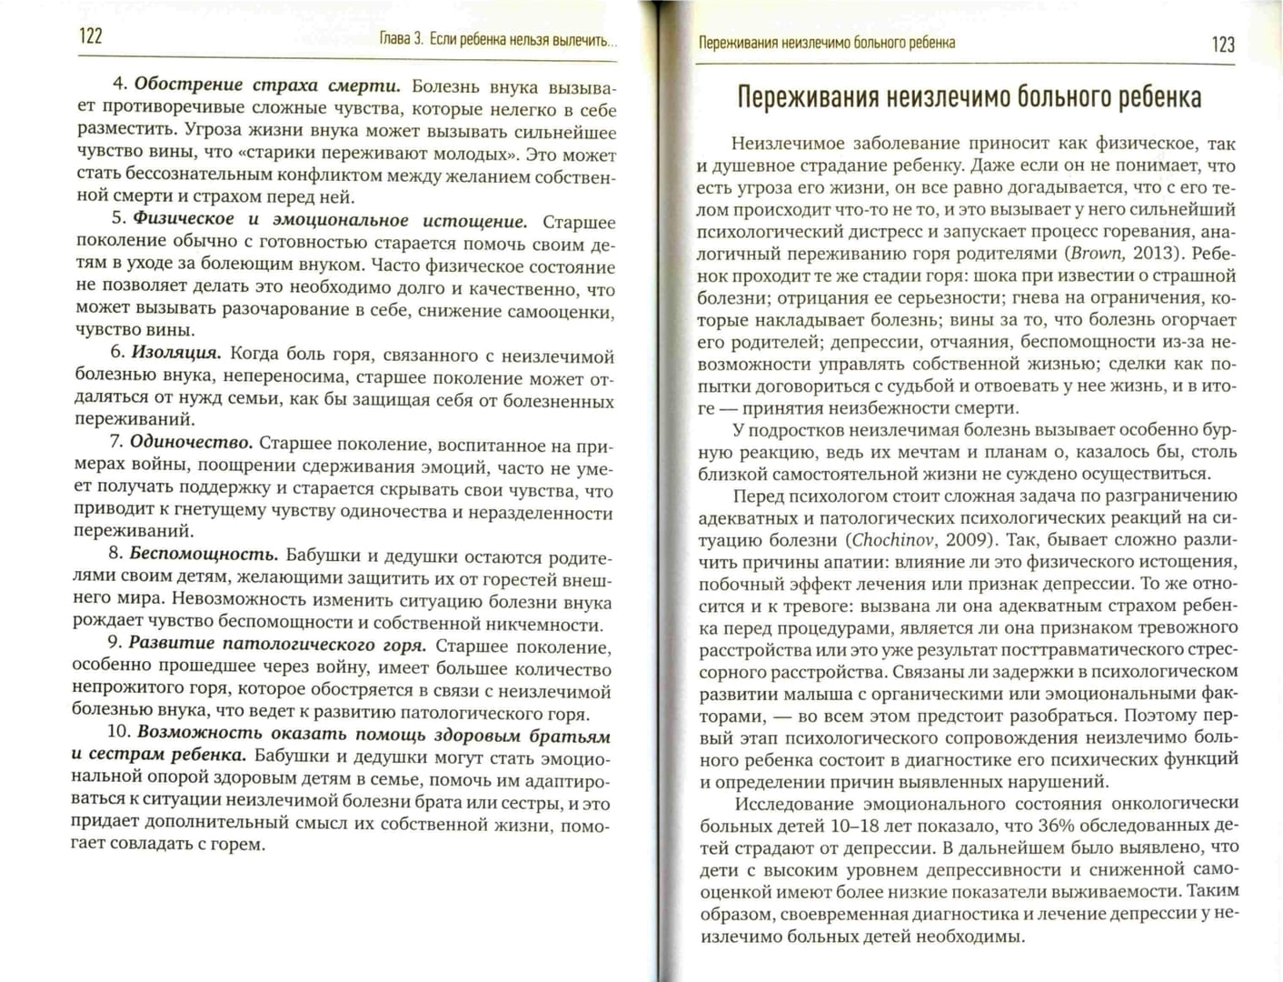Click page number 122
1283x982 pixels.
pos(91,36)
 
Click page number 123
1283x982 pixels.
pos(1222,44)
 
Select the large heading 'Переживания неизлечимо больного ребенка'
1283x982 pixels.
pos(968,97)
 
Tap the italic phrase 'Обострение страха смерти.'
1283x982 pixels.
pos(267,85)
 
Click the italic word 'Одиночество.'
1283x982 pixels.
pos(191,443)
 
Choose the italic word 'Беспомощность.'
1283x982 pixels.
pos(204,554)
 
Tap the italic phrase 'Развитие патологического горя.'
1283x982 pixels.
pos(277,645)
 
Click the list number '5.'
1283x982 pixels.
pos(118,219)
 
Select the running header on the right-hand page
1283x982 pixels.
pos(826,43)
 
